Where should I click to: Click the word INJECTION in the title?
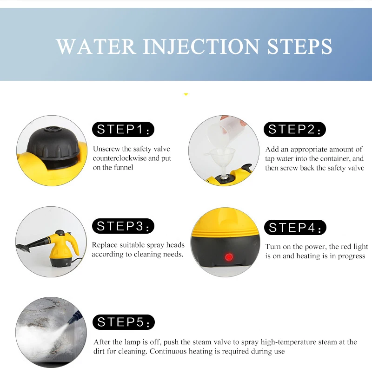(x=201, y=47)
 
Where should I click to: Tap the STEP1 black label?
(x=123, y=130)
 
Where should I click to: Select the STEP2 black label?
(x=295, y=130)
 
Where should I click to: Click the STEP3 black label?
(x=123, y=226)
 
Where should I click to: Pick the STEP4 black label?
(x=295, y=228)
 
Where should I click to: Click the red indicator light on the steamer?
(x=228, y=256)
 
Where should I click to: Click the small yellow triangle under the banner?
(x=186, y=94)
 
